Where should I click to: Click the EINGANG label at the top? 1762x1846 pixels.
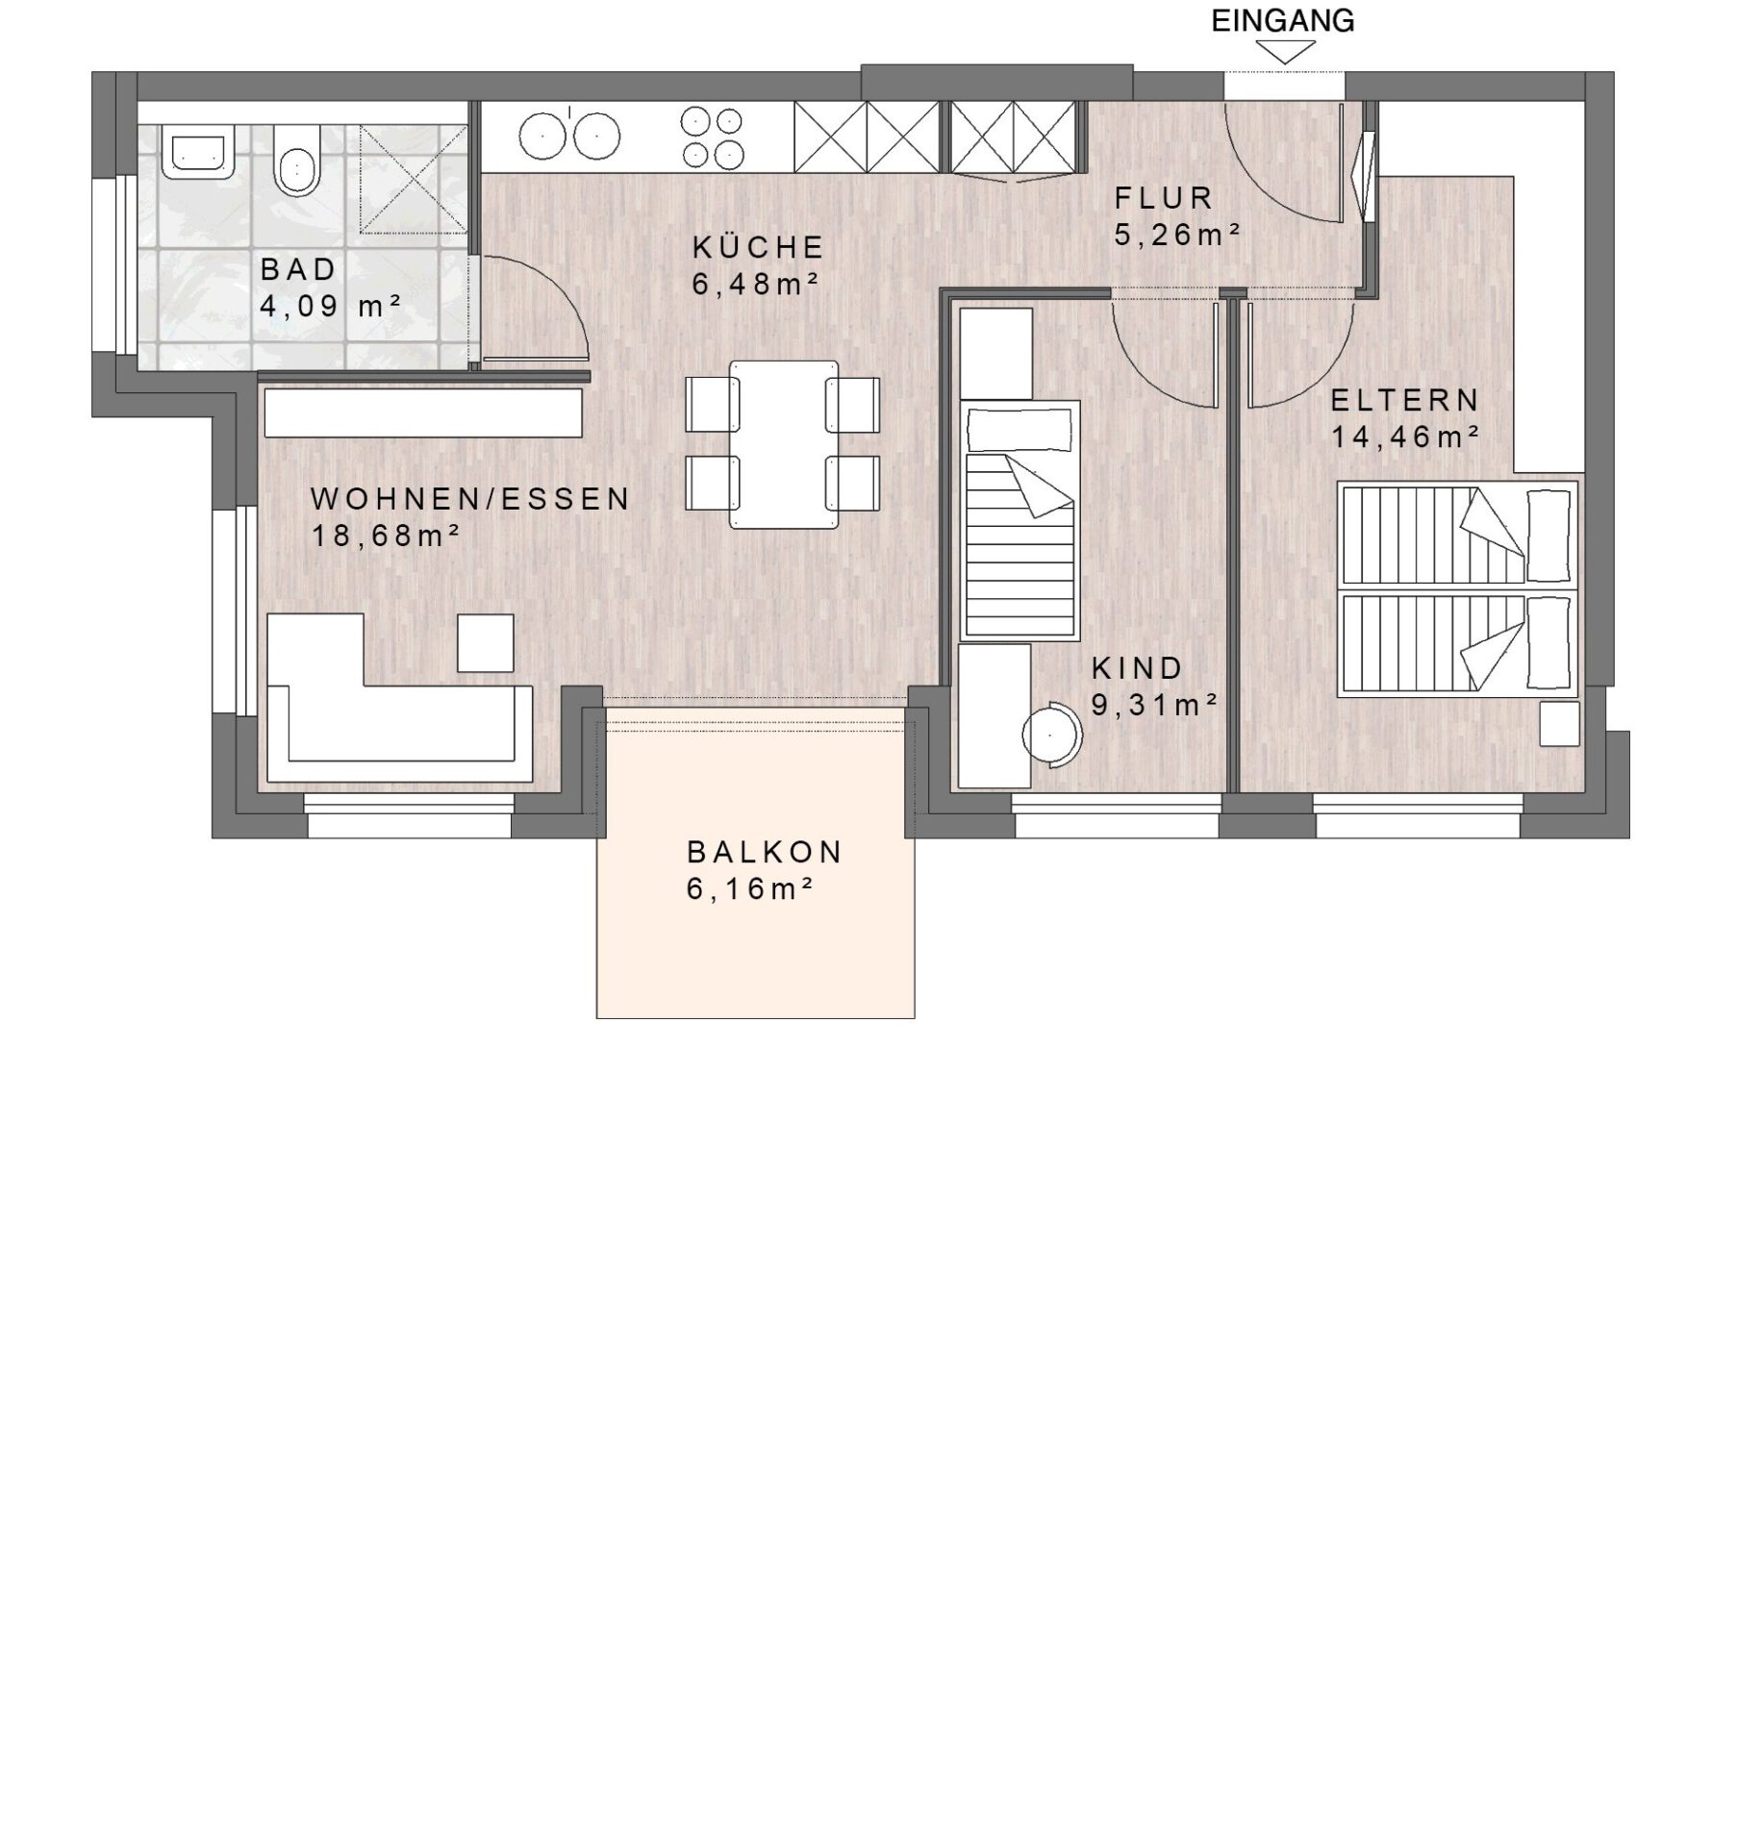[1282, 21]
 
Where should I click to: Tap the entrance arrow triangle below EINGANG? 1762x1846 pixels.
[1285, 54]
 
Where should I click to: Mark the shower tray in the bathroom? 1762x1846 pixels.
[414, 179]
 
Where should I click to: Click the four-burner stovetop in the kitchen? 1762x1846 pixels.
[712, 137]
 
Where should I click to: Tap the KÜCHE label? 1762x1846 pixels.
[758, 247]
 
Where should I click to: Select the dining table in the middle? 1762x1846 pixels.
[783, 444]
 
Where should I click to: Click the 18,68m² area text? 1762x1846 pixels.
[386, 535]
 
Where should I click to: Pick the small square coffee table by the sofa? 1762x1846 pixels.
[485, 643]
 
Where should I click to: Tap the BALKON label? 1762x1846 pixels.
[765, 852]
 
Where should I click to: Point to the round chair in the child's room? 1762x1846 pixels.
[1051, 736]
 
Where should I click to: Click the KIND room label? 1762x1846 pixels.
[1137, 667]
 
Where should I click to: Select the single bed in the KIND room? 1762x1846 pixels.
[1020, 519]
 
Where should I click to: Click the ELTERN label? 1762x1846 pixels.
[1405, 399]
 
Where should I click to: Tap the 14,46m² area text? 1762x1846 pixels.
[1405, 437]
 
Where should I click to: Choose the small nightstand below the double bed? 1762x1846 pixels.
[1559, 723]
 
